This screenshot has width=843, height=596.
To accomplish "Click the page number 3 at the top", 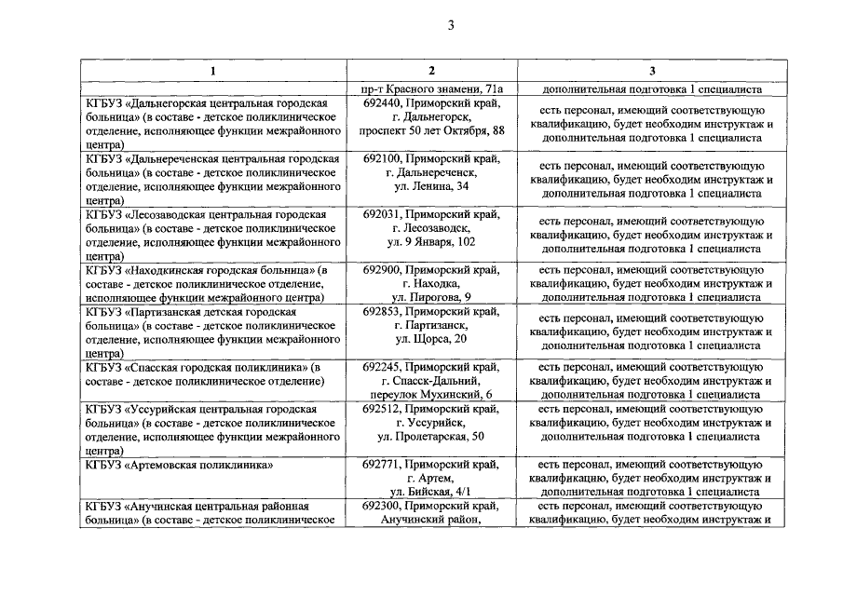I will (x=450, y=26).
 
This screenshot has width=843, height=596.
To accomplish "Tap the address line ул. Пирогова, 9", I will (x=431, y=297).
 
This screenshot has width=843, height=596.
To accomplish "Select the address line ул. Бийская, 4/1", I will (x=431, y=491).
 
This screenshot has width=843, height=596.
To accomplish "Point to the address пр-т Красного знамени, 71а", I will (x=431, y=89).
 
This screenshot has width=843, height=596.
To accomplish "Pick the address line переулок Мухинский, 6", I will (x=431, y=395).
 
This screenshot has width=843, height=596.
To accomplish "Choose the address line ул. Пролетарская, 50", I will (x=431, y=436).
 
